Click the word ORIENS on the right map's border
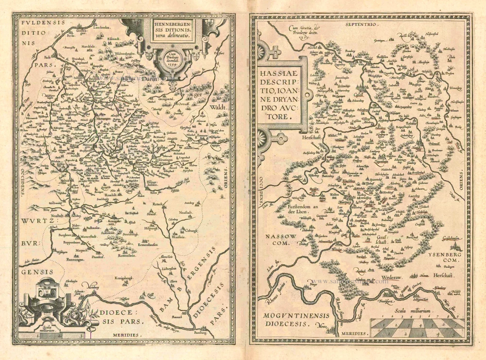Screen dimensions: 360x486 460,182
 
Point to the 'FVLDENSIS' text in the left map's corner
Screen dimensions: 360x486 38,22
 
